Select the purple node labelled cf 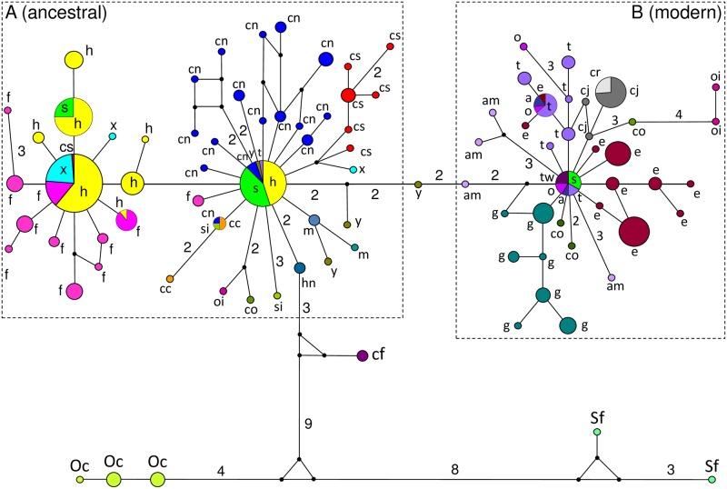click(363, 355)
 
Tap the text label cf click(380, 355)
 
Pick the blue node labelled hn click(300, 267)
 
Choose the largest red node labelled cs click(348, 95)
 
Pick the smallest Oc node click(80, 479)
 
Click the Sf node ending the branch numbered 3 click(712, 479)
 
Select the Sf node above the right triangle click(596, 433)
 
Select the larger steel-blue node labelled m click(314, 220)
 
